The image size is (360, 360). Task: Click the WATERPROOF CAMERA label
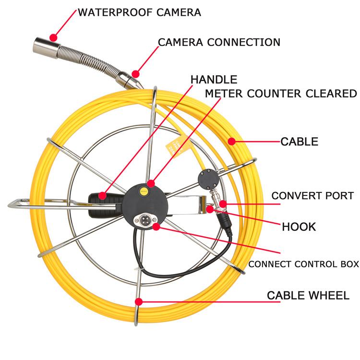pos(139,12)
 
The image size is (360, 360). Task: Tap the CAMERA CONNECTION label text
pos(219,42)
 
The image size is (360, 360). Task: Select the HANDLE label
pos(214,79)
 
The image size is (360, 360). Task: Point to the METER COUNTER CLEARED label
pos(281,94)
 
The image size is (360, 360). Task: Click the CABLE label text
pos(299,142)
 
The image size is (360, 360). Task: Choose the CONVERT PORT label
pos(312,196)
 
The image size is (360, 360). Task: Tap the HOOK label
pos(299,227)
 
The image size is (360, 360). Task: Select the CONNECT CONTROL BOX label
pos(303,264)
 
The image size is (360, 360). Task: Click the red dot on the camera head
pos(53,37)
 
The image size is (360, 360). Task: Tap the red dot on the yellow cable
pos(231,141)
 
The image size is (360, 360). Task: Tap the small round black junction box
pos(208,180)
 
